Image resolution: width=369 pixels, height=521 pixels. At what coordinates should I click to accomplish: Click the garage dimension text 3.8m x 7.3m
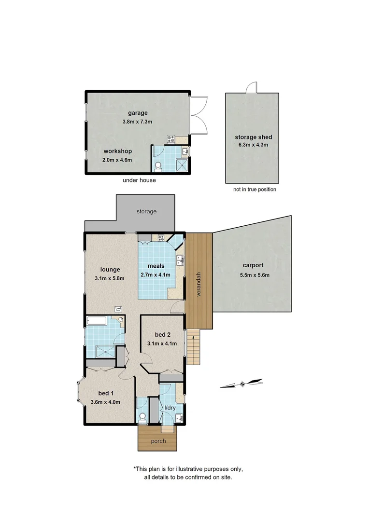pyautogui.click(x=138, y=122)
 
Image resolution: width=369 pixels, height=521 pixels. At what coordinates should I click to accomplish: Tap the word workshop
pyautogui.click(x=117, y=151)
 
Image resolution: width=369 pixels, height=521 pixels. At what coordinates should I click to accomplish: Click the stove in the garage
pyautogui.click(x=170, y=139)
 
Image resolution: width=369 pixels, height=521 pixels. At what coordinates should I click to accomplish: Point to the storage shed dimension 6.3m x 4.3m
pyautogui.click(x=251, y=144)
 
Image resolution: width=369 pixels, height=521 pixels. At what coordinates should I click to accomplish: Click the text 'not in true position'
pyautogui.click(x=255, y=190)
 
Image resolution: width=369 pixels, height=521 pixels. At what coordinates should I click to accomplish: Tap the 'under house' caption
pyautogui.click(x=140, y=180)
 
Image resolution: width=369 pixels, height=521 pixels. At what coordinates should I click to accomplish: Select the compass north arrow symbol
pyautogui.click(x=241, y=384)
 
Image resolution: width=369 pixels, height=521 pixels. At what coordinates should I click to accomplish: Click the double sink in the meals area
pyautogui.click(x=180, y=261)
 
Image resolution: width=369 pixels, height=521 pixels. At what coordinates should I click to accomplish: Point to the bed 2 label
pyautogui.click(x=162, y=335)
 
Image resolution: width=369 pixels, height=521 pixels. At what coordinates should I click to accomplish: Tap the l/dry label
pyautogui.click(x=170, y=408)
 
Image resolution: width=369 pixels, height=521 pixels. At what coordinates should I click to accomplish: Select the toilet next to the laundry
pyautogui.click(x=142, y=416)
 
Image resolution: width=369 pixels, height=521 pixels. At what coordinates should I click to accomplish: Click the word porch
pyautogui.click(x=158, y=441)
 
